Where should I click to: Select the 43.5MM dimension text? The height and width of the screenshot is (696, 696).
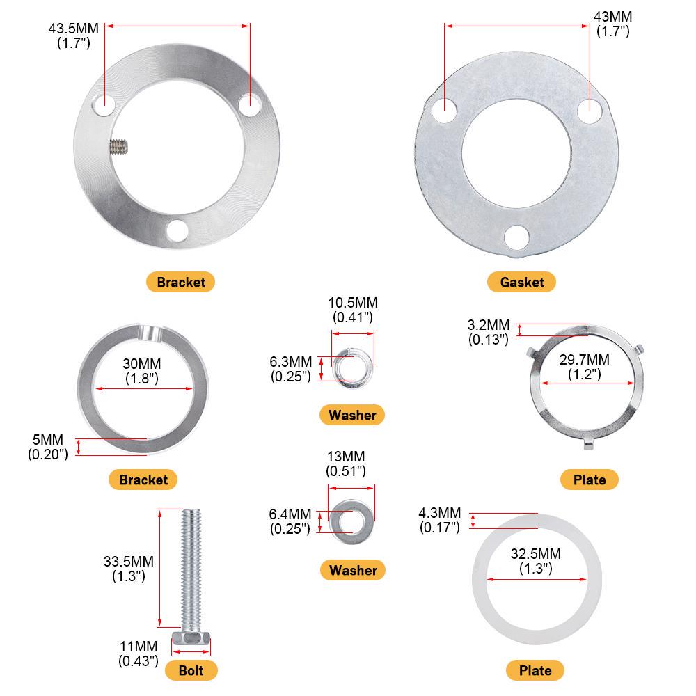[74, 29]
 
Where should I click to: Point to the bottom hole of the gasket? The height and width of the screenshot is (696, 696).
[516, 237]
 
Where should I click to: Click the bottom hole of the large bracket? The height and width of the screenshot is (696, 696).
[177, 229]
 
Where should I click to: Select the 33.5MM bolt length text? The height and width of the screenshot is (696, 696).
[128, 561]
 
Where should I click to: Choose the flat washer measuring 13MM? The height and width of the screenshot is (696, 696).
[351, 519]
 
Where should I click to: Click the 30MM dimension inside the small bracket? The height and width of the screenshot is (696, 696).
[142, 364]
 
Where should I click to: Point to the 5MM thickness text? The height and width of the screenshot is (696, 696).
[47, 440]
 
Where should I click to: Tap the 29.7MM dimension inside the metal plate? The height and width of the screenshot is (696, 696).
[584, 359]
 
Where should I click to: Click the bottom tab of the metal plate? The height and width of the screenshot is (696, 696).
[589, 443]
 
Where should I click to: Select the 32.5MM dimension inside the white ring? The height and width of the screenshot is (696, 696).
[535, 553]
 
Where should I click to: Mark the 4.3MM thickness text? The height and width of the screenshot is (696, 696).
[439, 514]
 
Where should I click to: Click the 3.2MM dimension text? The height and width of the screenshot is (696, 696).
[488, 325]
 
